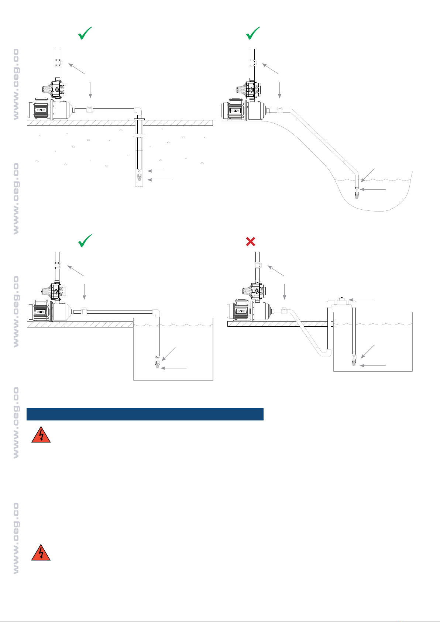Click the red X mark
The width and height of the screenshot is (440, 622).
point(250,241)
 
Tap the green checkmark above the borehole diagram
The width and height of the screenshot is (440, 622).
point(85,33)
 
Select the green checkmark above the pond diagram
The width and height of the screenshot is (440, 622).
point(252,33)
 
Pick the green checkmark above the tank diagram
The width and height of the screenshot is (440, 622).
point(85,240)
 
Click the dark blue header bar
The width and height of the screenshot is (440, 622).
point(145,414)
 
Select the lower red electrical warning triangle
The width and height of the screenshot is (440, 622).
point(41,553)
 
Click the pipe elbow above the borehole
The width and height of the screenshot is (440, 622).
point(138,111)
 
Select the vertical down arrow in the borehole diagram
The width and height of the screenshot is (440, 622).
point(90,90)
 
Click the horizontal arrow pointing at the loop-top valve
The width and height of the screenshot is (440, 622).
point(362,300)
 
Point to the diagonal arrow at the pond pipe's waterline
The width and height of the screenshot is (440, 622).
point(368,175)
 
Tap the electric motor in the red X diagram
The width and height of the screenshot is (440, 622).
point(240,310)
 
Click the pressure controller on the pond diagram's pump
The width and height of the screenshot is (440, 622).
point(249,89)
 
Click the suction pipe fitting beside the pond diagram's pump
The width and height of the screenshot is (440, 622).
point(279,110)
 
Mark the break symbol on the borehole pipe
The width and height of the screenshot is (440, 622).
point(139,136)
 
